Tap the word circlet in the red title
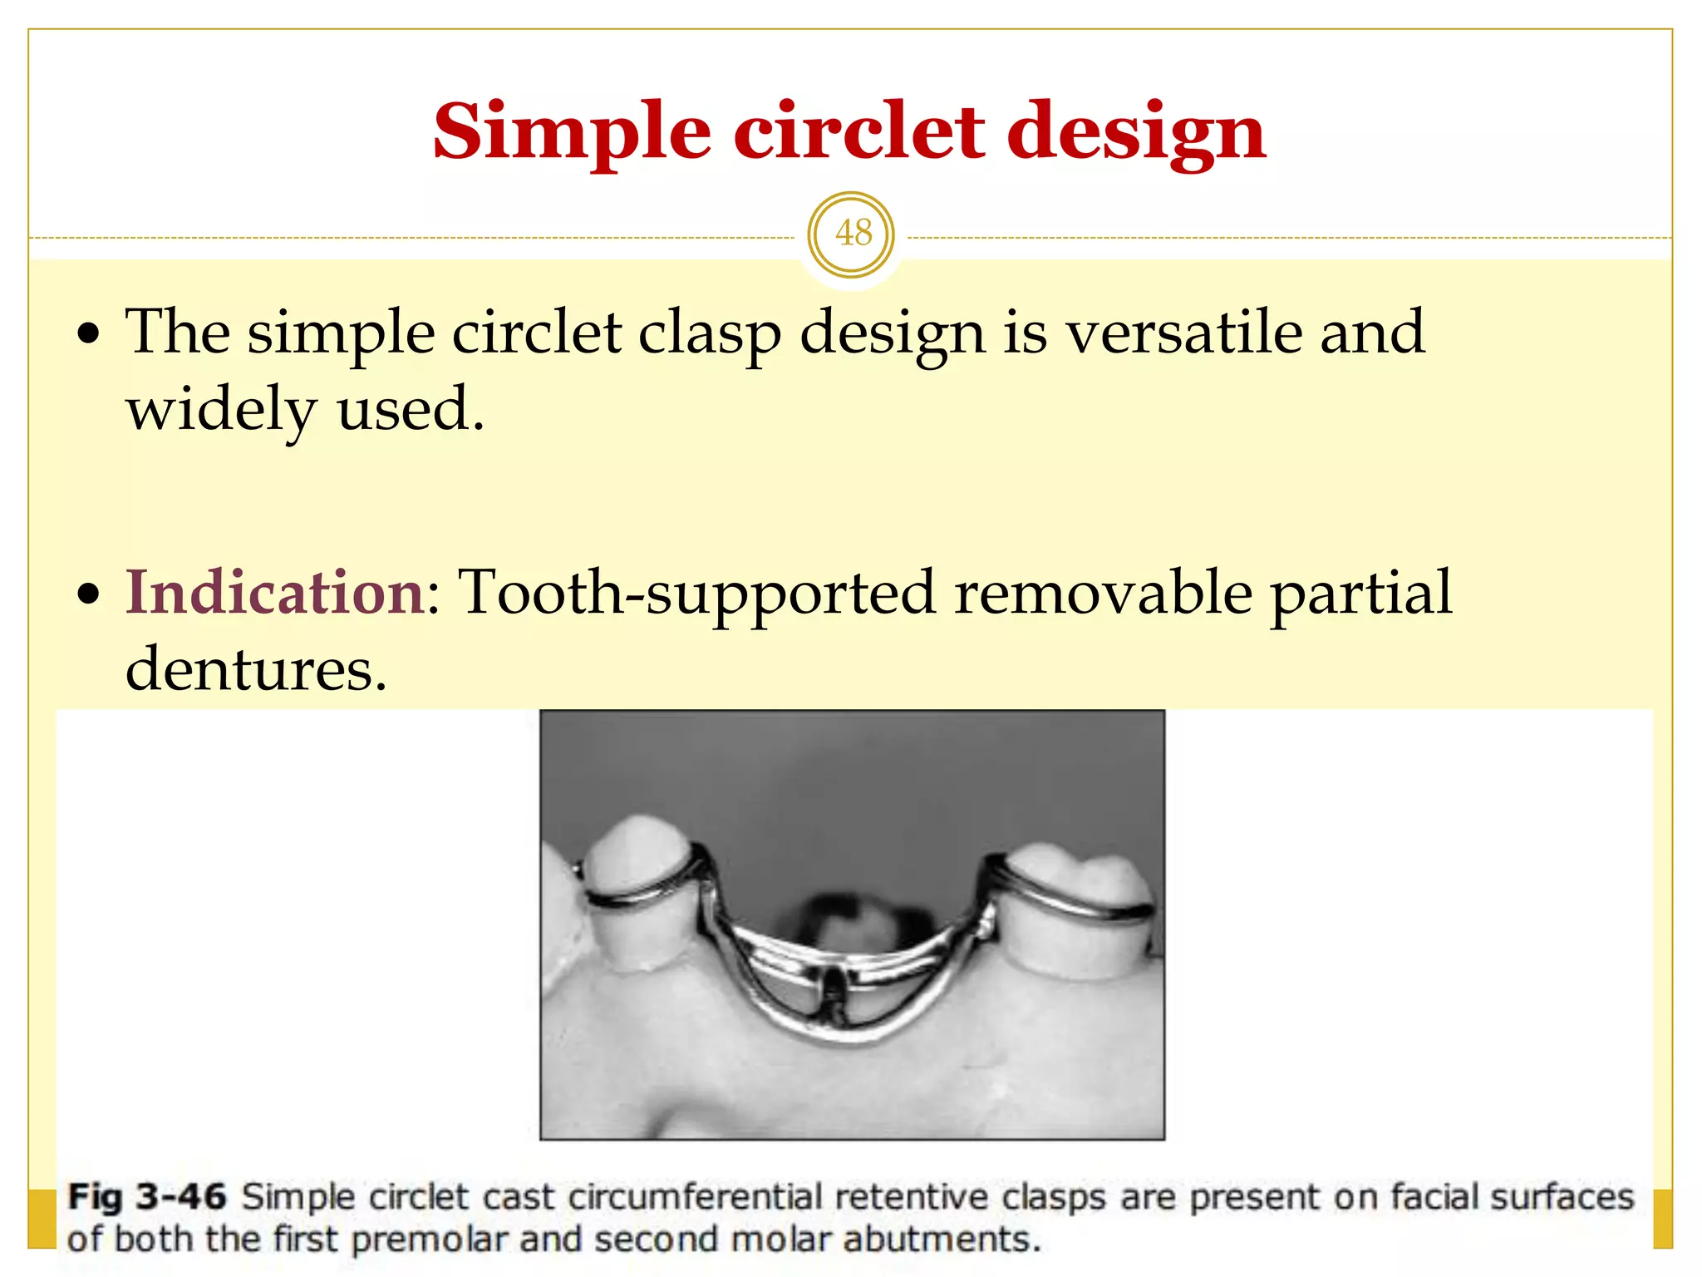[858, 131]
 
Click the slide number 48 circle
[851, 234]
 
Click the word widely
[221, 410]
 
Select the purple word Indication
[275, 592]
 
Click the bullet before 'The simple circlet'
[89, 335]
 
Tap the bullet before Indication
[89, 595]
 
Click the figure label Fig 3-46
[146, 1197]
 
